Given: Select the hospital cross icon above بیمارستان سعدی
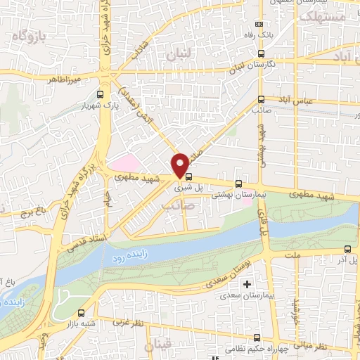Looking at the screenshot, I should (247, 284).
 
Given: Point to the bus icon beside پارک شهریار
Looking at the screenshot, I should (100, 94).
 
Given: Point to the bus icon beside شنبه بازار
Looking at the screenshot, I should (82, 313).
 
